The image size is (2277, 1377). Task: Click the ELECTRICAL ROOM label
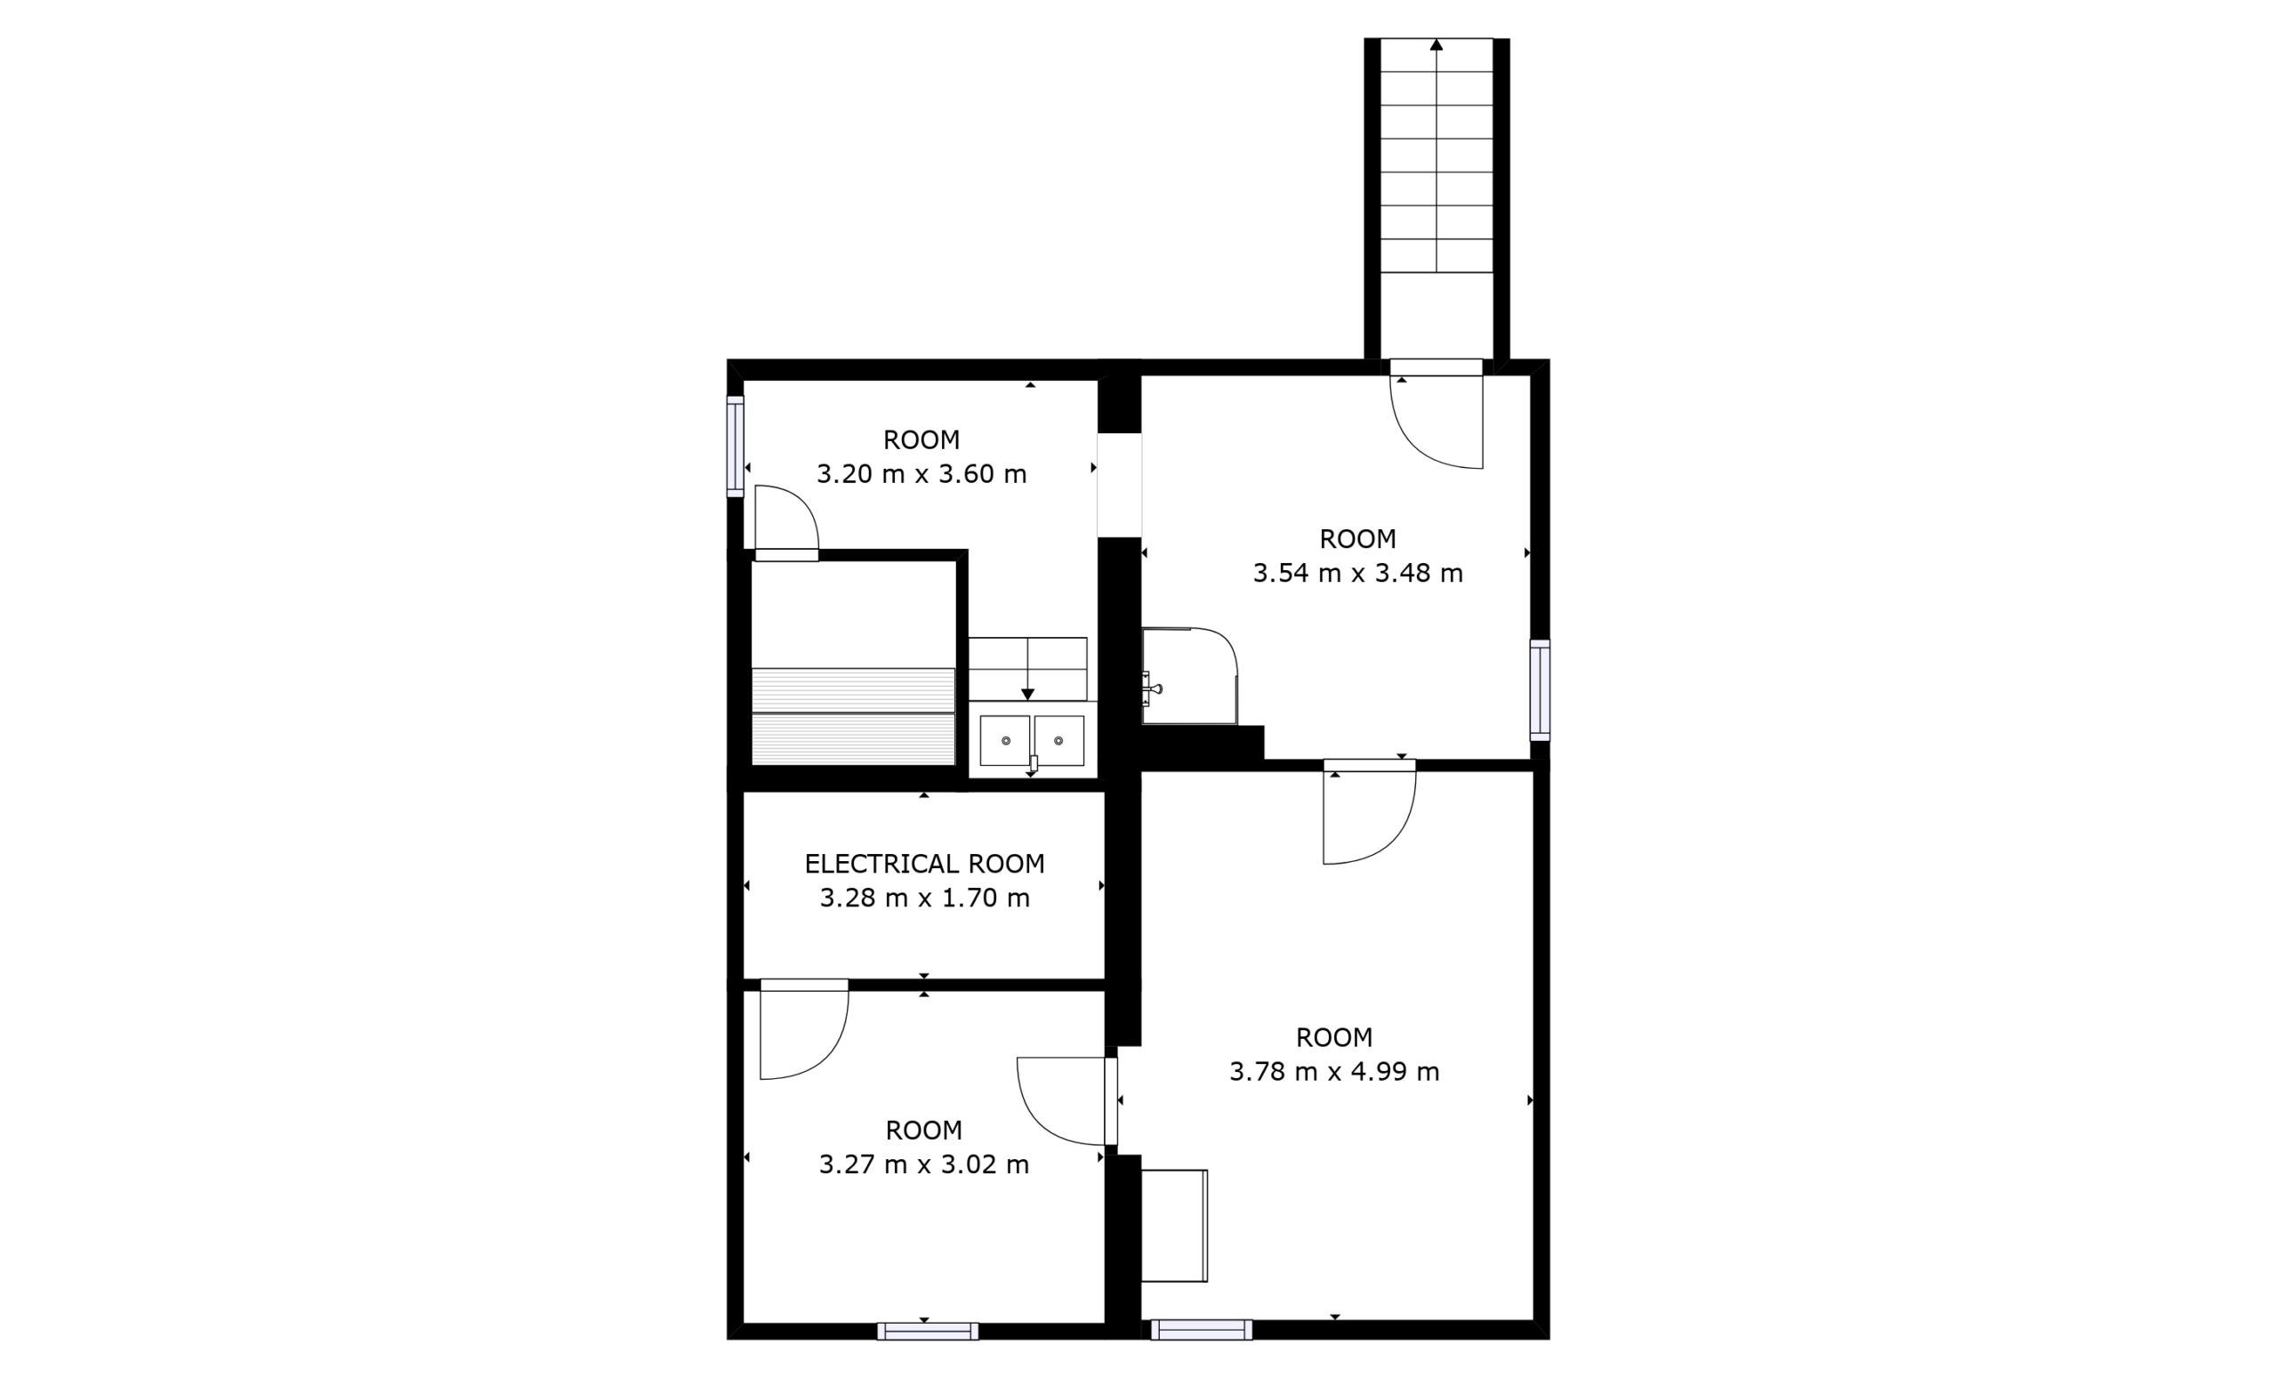[x=924, y=864]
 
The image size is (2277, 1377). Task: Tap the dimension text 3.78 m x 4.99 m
[x=1334, y=1072]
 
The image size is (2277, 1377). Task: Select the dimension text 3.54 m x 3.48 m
[x=1357, y=573]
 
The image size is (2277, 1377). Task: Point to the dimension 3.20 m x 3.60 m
[x=921, y=474]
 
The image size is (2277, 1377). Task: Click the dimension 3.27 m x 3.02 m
[x=924, y=1164]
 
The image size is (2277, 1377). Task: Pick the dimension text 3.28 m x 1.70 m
[x=924, y=898]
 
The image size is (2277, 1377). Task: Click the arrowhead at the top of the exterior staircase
[x=1436, y=44]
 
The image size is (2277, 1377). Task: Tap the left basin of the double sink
[x=1004, y=740]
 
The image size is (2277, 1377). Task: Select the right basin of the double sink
[x=1059, y=740]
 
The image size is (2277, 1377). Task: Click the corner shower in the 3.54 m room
[x=1190, y=675]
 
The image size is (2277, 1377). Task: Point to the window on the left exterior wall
[x=736, y=447]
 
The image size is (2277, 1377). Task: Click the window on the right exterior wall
[x=1540, y=689]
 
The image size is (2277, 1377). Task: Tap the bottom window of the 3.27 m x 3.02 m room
[x=928, y=1331]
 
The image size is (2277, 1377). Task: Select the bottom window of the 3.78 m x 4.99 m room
[x=1202, y=1329]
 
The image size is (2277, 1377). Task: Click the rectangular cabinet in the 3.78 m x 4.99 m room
[x=1175, y=1226]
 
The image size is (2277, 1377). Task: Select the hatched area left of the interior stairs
[x=853, y=716]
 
